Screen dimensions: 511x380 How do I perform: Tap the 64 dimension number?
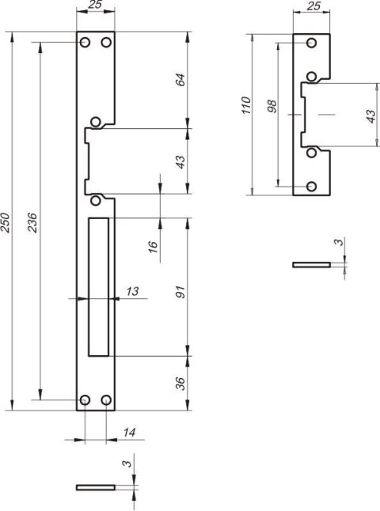(180, 80)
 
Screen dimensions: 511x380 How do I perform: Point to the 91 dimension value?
(180, 291)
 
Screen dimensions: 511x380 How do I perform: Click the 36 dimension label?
(180, 384)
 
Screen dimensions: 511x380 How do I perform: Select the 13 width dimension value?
(132, 293)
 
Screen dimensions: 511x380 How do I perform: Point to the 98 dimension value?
(272, 108)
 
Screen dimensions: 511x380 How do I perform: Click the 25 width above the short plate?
(312, 8)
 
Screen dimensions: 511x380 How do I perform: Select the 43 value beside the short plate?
(370, 115)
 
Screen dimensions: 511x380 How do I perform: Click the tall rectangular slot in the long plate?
(99, 286)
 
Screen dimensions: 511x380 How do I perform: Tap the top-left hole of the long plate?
(85, 42)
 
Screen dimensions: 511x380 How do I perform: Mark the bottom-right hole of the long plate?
(106, 400)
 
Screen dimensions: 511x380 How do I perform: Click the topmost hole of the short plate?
(312, 42)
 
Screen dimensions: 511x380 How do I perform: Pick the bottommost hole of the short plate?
(312, 186)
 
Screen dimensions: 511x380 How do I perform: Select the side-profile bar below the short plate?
(312, 264)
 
